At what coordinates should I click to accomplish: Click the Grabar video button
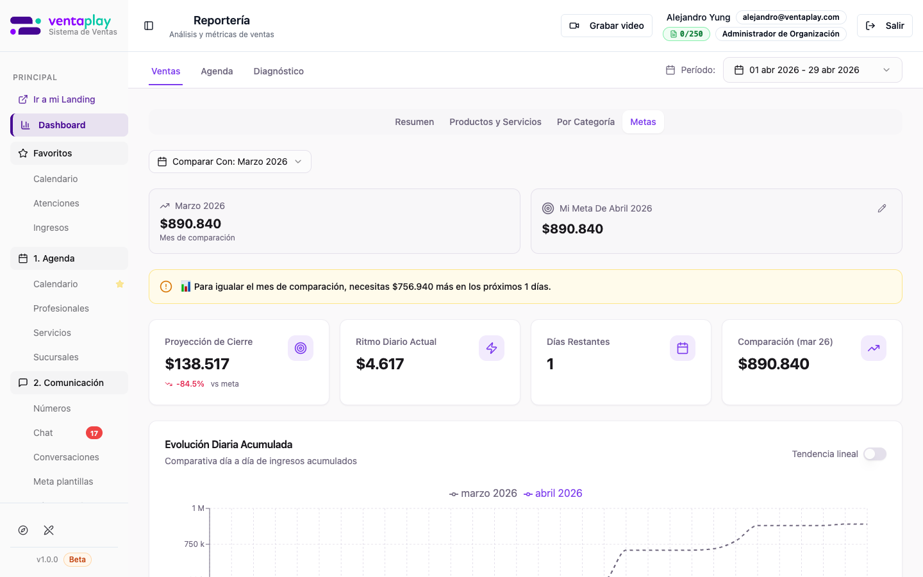[x=606, y=26]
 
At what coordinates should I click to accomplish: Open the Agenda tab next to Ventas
[x=217, y=71]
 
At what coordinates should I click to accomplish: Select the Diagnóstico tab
[x=278, y=71]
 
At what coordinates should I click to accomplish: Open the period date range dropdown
[x=812, y=70]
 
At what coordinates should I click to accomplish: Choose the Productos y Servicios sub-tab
[x=495, y=122]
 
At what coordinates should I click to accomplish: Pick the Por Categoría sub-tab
[x=585, y=122]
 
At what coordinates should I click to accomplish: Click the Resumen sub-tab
[x=414, y=122]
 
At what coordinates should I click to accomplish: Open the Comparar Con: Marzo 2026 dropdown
[x=229, y=162]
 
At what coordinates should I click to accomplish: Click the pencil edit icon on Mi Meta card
[x=882, y=208]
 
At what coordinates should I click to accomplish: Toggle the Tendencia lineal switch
[x=874, y=454]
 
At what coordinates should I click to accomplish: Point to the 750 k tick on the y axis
[x=194, y=544]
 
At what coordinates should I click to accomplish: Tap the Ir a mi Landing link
[x=63, y=99]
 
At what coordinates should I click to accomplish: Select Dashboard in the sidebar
[x=62, y=125]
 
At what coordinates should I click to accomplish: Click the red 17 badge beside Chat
[x=94, y=433]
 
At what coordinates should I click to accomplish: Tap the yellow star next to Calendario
[x=120, y=284]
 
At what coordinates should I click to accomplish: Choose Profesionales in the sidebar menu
[x=61, y=308]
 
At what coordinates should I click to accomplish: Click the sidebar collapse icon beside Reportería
[x=149, y=26]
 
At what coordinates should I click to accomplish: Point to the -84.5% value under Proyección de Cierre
[x=190, y=384]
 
